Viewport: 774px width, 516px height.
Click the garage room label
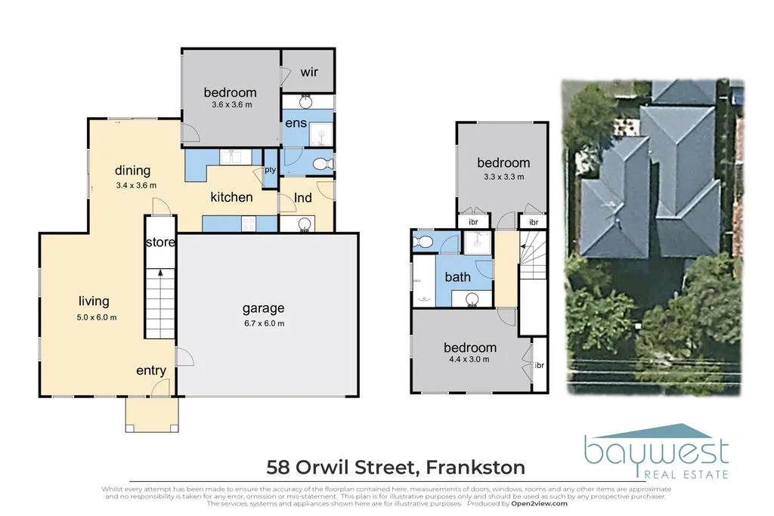point(263,308)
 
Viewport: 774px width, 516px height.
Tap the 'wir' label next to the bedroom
point(308,73)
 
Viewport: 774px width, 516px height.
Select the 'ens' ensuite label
point(295,122)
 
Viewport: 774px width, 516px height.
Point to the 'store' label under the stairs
point(160,243)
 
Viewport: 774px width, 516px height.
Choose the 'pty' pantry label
point(269,171)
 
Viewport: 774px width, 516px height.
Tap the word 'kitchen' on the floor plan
point(231,197)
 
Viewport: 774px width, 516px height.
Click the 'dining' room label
point(132,171)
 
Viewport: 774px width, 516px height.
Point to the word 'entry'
point(151,370)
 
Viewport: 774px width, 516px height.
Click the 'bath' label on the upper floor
point(457,277)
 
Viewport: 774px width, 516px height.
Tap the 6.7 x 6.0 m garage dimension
point(263,323)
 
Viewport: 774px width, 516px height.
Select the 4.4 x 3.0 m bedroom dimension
point(470,360)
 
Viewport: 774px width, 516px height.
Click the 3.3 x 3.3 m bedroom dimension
point(503,177)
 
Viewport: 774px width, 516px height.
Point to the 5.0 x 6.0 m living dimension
point(98,317)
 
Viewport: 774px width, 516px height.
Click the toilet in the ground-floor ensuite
point(320,162)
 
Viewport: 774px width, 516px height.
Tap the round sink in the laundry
point(306,224)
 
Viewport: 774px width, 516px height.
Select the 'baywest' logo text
point(656,451)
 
